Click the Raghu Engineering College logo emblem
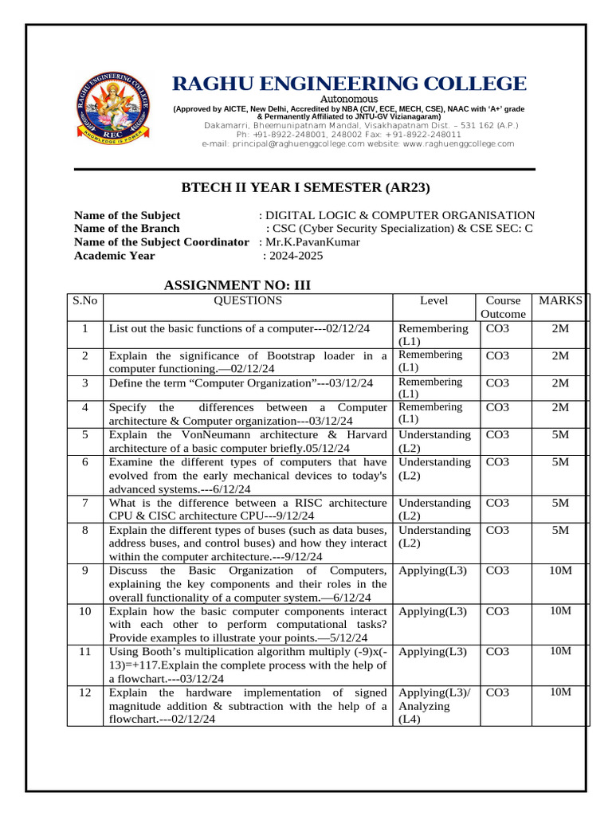(113, 110)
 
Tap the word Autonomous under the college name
(349, 99)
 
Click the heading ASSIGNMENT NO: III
(237, 285)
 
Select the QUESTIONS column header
(247, 301)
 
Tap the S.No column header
(84, 301)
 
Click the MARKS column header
(560, 301)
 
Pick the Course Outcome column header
(504, 308)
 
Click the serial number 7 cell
(84, 503)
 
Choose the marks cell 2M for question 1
(560, 328)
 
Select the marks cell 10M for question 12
(560, 692)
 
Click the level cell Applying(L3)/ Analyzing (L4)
(434, 705)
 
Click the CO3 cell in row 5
(498, 435)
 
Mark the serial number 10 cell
(84, 611)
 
